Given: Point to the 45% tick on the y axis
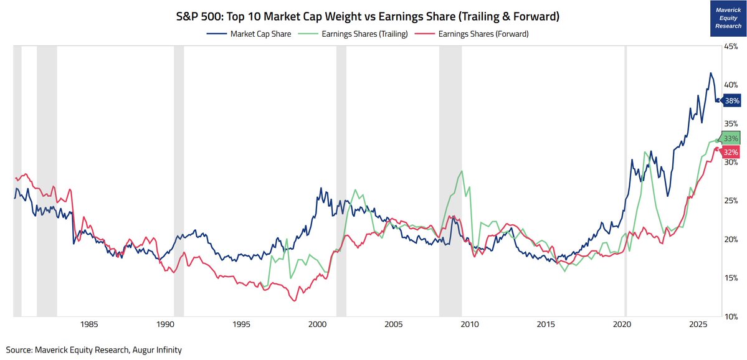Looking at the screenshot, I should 730,45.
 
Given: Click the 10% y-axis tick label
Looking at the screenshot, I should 730,316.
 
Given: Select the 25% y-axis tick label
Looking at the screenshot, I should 730,201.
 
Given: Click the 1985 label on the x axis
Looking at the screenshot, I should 89,324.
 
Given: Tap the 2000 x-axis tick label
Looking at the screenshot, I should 318,324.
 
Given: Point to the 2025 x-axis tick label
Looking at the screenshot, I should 698,324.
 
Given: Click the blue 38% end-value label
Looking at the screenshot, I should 731,100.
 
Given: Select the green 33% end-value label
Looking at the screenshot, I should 731,138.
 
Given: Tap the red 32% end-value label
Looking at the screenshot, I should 731,152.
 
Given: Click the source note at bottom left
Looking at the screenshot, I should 94,350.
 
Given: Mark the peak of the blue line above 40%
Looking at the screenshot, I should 710,73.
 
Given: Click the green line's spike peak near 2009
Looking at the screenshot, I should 461,171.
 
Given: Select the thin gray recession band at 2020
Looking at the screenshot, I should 626,181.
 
